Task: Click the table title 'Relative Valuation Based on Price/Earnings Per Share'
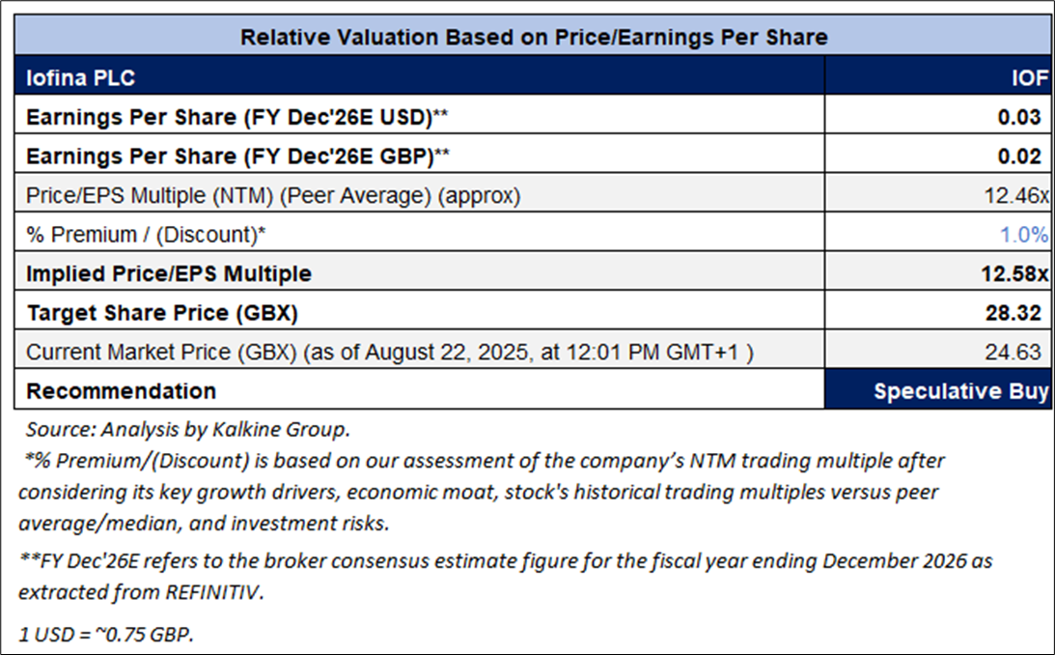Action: (534, 38)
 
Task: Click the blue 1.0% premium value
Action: (1024, 235)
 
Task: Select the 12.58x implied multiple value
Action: (1014, 274)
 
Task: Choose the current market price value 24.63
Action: (1020, 353)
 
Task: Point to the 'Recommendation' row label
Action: (121, 391)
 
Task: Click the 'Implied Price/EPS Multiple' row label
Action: (169, 274)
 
